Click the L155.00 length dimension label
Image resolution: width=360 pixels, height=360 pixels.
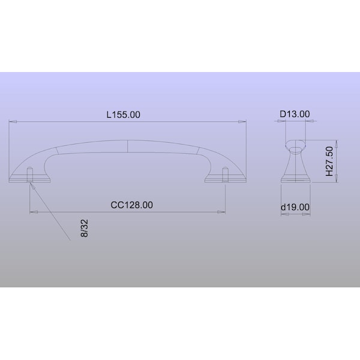pos(123,115)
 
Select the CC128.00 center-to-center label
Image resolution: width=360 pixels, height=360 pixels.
pos(131,205)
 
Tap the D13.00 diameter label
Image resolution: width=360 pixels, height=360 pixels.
pos(295,114)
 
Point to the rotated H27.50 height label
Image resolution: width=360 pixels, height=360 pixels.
pos(329,161)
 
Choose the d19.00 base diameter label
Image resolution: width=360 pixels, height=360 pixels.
pos(295,207)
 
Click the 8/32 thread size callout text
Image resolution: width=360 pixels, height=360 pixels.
pos(84,228)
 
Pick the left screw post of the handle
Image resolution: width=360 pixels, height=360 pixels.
pos(30,175)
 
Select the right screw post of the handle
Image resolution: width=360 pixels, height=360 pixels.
pos(225,175)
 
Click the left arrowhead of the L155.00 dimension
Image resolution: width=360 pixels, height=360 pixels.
pos(13,122)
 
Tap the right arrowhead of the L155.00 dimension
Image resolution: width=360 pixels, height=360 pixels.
pos(242,122)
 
